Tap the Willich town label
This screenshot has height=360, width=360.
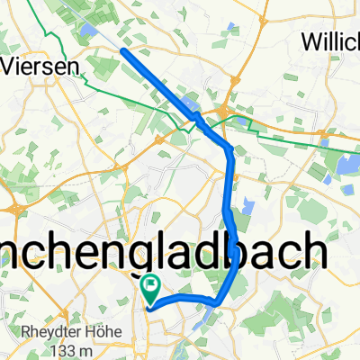point(330,42)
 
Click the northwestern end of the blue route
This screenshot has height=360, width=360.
point(123,51)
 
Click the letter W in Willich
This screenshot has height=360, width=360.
point(310,42)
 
